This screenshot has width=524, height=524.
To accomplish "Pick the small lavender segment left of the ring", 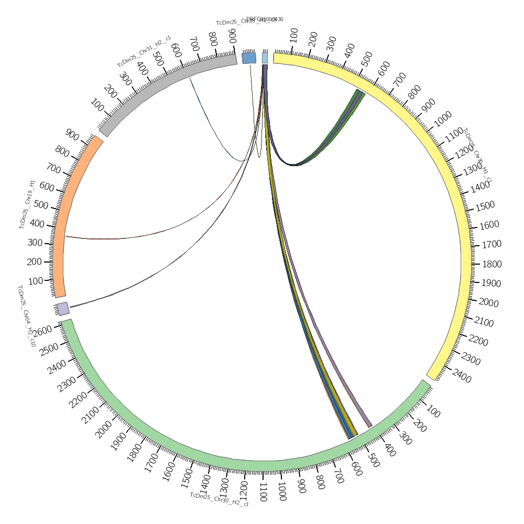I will [x=63, y=309].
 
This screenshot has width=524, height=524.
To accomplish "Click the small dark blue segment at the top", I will [x=249, y=58].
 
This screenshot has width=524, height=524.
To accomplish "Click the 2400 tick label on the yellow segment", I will [x=461, y=376].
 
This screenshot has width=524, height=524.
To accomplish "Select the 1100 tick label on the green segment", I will [x=263, y=492].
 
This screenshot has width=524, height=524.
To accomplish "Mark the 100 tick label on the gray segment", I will [x=98, y=105].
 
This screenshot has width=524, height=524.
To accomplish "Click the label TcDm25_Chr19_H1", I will [x=28, y=204].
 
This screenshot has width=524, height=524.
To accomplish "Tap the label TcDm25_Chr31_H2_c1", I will [x=144, y=51].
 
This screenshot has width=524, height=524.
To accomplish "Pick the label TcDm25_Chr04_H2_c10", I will [x=26, y=316].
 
